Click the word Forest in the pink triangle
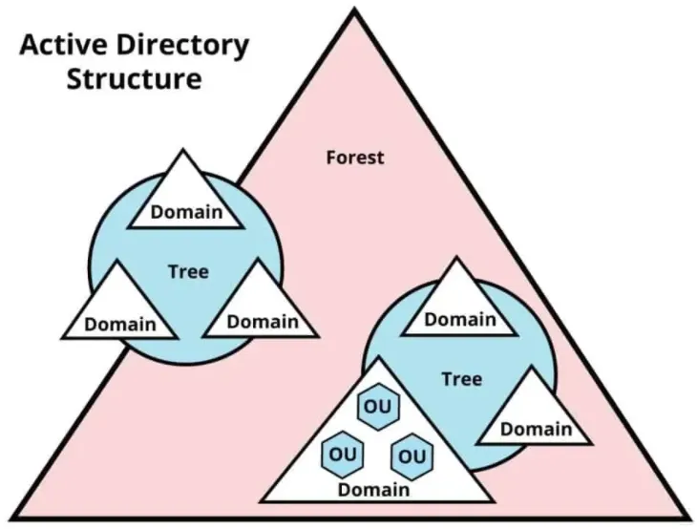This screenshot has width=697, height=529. point(355,157)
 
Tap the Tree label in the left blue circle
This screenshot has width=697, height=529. point(188,271)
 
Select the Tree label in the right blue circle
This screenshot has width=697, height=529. point(461,378)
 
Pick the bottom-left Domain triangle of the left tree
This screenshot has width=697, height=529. point(120,310)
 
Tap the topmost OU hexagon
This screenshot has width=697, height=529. point(374,405)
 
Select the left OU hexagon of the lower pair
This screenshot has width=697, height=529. point(342,452)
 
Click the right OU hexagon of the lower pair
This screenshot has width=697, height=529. point(412,455)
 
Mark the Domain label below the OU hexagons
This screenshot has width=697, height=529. point(373,489)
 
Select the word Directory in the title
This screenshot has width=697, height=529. point(181,46)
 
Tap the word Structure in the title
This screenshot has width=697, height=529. point(133,78)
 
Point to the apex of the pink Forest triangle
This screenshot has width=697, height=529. point(356,10)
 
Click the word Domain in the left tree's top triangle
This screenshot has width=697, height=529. point(186,211)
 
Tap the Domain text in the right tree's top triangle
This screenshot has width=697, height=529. point(460,319)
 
